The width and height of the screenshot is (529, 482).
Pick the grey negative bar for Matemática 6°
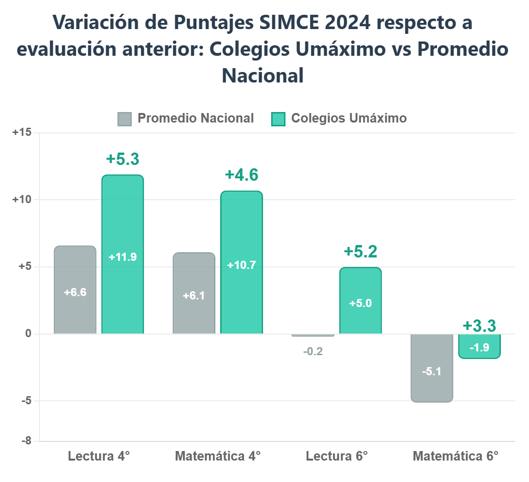tap(432, 368)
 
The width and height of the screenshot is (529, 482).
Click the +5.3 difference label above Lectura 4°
tap(122, 159)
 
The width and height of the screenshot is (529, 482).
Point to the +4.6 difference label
tap(241, 175)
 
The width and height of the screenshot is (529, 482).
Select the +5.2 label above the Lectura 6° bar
tap(360, 251)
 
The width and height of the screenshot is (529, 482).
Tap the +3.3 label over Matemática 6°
tap(479, 326)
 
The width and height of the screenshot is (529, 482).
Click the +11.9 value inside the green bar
tap(122, 257)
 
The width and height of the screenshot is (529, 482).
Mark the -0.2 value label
tap(313, 352)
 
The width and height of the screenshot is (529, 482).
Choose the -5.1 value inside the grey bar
tap(432, 372)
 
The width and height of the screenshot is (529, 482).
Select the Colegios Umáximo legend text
tap(348, 118)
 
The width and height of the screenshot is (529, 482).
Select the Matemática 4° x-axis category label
tap(218, 456)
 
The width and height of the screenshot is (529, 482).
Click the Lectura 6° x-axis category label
tap(336, 456)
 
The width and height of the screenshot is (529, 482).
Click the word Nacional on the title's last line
tap(263, 75)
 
